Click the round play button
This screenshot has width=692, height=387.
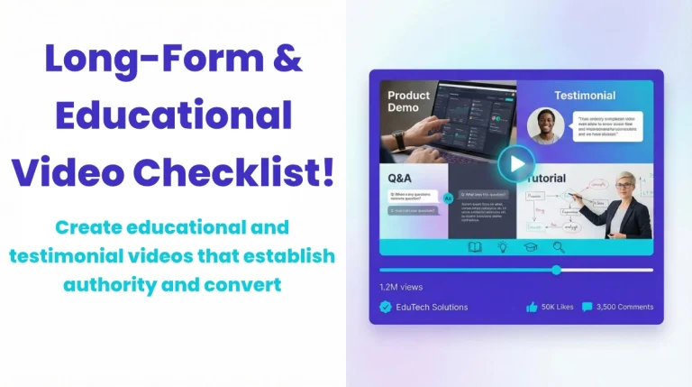tap(516, 164)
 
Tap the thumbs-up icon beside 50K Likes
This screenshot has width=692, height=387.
tap(532, 307)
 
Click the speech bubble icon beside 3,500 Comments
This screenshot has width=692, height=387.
tap(587, 307)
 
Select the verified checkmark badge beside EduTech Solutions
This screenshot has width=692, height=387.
tap(386, 307)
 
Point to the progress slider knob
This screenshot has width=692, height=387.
tap(556, 270)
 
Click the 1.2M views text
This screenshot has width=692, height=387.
tap(400, 287)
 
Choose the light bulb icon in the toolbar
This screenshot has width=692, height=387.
tap(503, 246)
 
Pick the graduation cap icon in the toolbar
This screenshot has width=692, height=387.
tap(531, 246)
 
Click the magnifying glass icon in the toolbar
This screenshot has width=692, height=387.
tap(559, 246)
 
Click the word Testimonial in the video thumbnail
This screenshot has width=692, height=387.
tap(584, 95)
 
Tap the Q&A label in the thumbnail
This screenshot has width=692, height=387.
tap(402, 178)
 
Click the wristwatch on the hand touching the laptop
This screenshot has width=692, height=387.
tap(399, 140)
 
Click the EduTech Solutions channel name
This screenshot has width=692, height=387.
tap(432, 307)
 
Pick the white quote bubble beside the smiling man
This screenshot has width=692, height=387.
tap(607, 127)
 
